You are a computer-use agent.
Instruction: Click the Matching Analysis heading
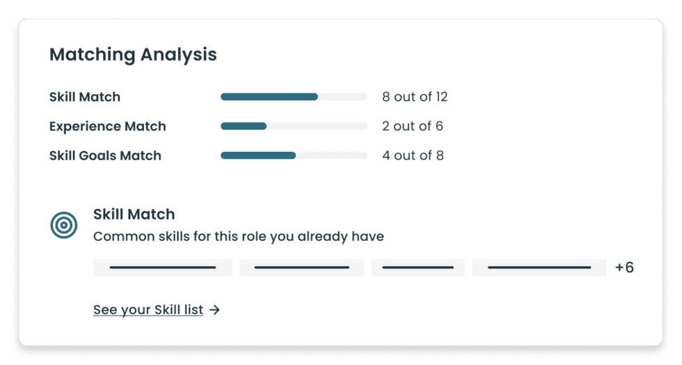tap(133, 54)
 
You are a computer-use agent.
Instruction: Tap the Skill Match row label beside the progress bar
tap(85, 97)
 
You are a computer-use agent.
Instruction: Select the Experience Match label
tap(107, 126)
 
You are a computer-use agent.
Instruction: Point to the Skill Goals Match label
tap(105, 155)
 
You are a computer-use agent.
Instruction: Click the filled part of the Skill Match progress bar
tap(269, 97)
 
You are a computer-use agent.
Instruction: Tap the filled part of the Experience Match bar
tap(244, 126)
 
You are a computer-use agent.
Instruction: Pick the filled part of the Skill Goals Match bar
tap(257, 155)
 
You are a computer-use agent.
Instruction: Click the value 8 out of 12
tap(415, 97)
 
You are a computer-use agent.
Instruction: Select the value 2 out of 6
tap(413, 126)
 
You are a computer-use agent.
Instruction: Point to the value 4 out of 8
tap(413, 155)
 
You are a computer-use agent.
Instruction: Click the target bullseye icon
tap(64, 225)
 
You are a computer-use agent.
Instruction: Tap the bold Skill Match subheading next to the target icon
tap(134, 214)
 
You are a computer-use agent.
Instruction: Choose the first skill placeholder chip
tap(163, 267)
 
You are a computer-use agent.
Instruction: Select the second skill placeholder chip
tap(302, 267)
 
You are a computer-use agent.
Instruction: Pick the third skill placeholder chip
tap(418, 267)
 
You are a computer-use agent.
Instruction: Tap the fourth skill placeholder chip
tap(539, 267)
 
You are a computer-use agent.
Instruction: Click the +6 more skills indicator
tap(624, 267)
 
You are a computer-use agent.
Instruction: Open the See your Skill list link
tap(148, 310)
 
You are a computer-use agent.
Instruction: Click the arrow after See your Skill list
tap(215, 310)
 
